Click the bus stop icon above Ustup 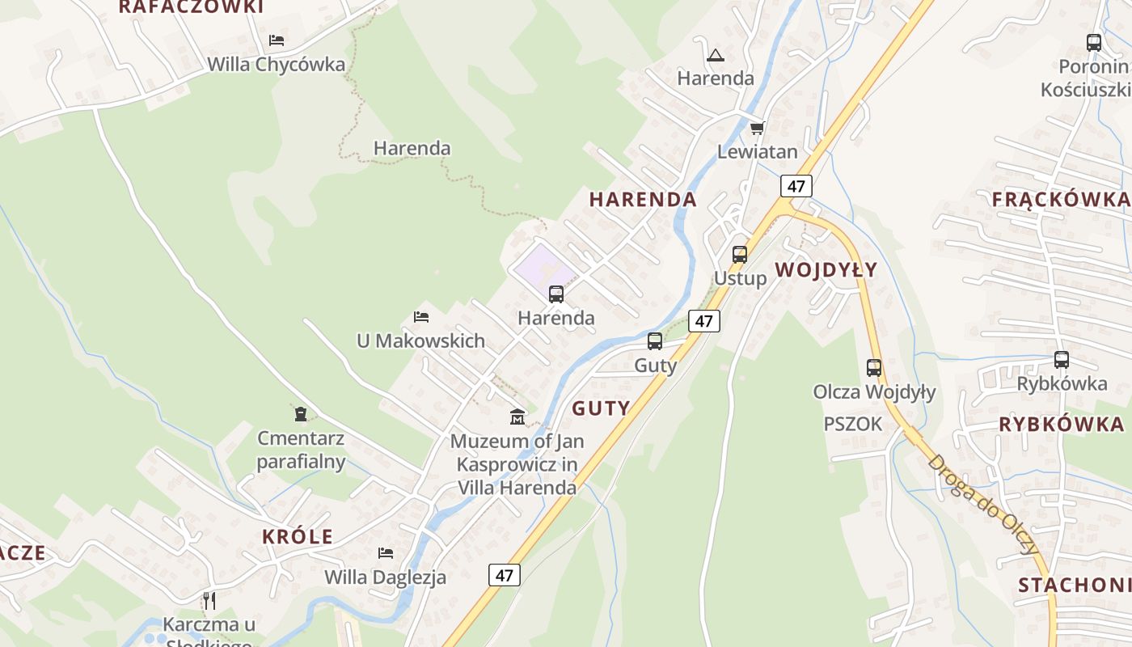pyautogui.click(x=739, y=254)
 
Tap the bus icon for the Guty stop pyautogui.click(x=655, y=341)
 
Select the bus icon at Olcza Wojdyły pyautogui.click(x=874, y=368)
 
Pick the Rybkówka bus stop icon pyautogui.click(x=1062, y=360)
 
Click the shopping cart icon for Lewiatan pyautogui.click(x=758, y=128)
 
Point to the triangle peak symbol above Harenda pyautogui.click(x=715, y=56)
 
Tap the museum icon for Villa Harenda pyautogui.click(x=517, y=417)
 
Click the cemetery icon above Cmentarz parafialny pyautogui.click(x=301, y=414)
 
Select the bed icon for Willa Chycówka pyautogui.click(x=277, y=40)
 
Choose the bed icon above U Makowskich pyautogui.click(x=420, y=316)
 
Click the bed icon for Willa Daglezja pyautogui.click(x=386, y=553)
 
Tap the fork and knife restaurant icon pyautogui.click(x=209, y=600)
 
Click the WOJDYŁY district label pyautogui.click(x=826, y=270)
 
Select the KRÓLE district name pyautogui.click(x=298, y=536)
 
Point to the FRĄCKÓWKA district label pyautogui.click(x=1060, y=200)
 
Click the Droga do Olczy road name pyautogui.click(x=983, y=503)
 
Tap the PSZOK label pyautogui.click(x=852, y=424)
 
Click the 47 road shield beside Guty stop pyautogui.click(x=703, y=321)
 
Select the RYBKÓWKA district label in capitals pyautogui.click(x=1061, y=425)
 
